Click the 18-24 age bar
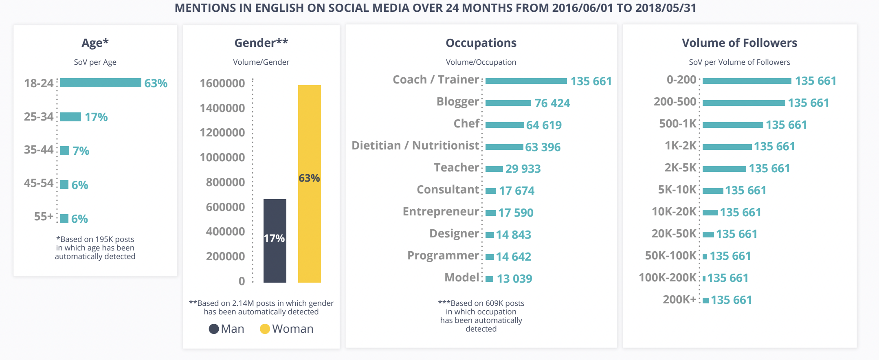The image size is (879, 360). [x=101, y=83]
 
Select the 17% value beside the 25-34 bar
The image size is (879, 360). [x=96, y=117]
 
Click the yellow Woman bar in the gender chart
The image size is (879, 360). [x=310, y=183]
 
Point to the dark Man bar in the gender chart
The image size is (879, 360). [x=275, y=240]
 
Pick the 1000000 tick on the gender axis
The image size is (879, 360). [x=222, y=158]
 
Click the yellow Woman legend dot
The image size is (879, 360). [x=265, y=329]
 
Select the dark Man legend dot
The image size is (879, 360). [x=214, y=329]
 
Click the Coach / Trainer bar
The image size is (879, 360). [x=526, y=81]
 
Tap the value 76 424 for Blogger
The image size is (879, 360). [x=552, y=103]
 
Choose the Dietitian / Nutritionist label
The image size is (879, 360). [x=415, y=145]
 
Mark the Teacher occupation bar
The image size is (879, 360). [x=494, y=169]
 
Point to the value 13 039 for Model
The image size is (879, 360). [x=514, y=279]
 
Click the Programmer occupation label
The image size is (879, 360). [x=443, y=255]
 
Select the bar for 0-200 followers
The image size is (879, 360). [x=747, y=81]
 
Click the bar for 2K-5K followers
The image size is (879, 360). [x=724, y=169]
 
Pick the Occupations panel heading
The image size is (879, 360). [x=481, y=43]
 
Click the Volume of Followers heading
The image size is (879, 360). [x=739, y=43]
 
